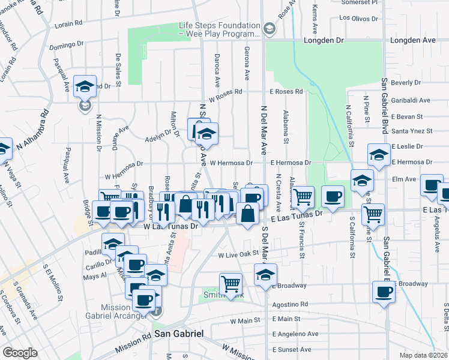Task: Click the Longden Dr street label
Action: [x=327, y=41]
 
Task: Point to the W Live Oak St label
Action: [x=238, y=255]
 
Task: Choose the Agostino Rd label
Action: [x=289, y=304]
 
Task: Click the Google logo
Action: [x=19, y=353]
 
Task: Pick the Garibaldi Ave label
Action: [x=411, y=101]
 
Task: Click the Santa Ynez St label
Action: [x=412, y=131]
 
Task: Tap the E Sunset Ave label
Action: [x=292, y=349]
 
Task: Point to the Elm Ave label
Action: [x=403, y=179]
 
